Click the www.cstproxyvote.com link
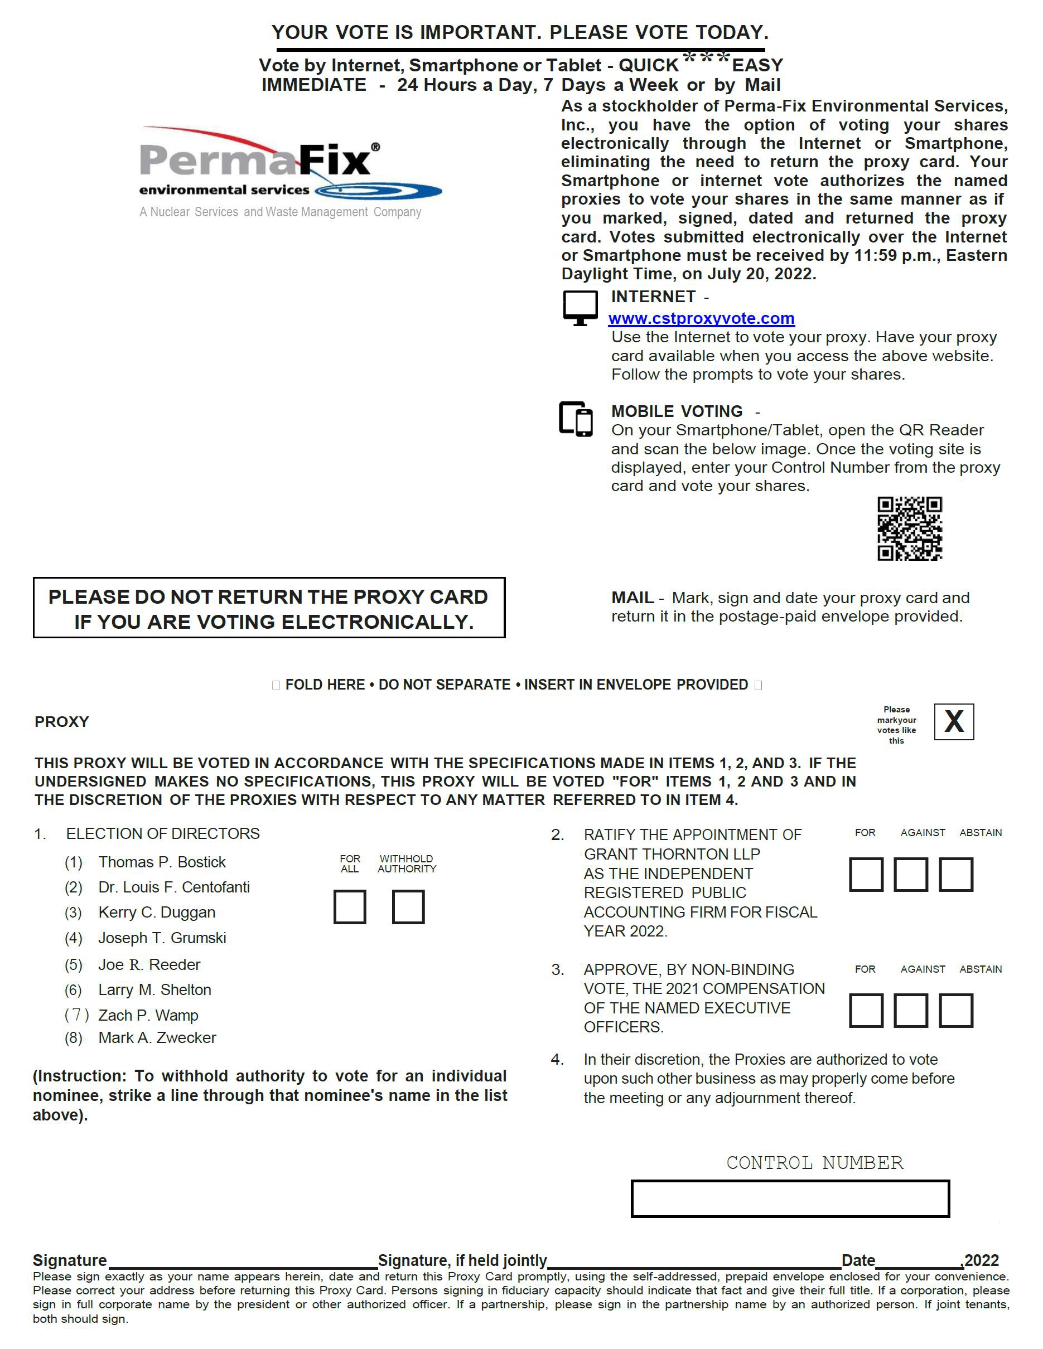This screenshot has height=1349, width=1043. tap(701, 319)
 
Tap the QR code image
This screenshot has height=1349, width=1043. tap(910, 528)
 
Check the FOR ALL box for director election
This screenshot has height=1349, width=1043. tap(350, 907)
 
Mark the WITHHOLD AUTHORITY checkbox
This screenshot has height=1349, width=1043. tap(408, 907)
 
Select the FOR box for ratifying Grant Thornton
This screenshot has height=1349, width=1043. tap(866, 875)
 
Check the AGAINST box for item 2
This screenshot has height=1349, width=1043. tap(911, 875)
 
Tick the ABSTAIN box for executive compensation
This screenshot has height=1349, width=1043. tap(956, 1011)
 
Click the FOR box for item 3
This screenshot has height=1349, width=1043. tap(866, 1011)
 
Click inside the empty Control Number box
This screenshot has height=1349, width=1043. tap(790, 1199)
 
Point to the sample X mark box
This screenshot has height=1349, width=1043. tap(953, 721)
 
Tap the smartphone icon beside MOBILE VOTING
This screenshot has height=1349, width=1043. tap(576, 419)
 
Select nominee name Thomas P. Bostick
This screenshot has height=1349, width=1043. tap(162, 862)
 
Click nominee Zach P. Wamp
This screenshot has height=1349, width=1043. tap(148, 1016)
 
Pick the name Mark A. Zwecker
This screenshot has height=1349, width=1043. tap(157, 1038)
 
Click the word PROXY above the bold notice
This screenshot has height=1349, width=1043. tap(62, 722)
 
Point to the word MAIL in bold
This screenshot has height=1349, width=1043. tap(632, 598)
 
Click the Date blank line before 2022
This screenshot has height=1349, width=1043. tap(919, 1261)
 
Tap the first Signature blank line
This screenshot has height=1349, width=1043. tap(242, 1261)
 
